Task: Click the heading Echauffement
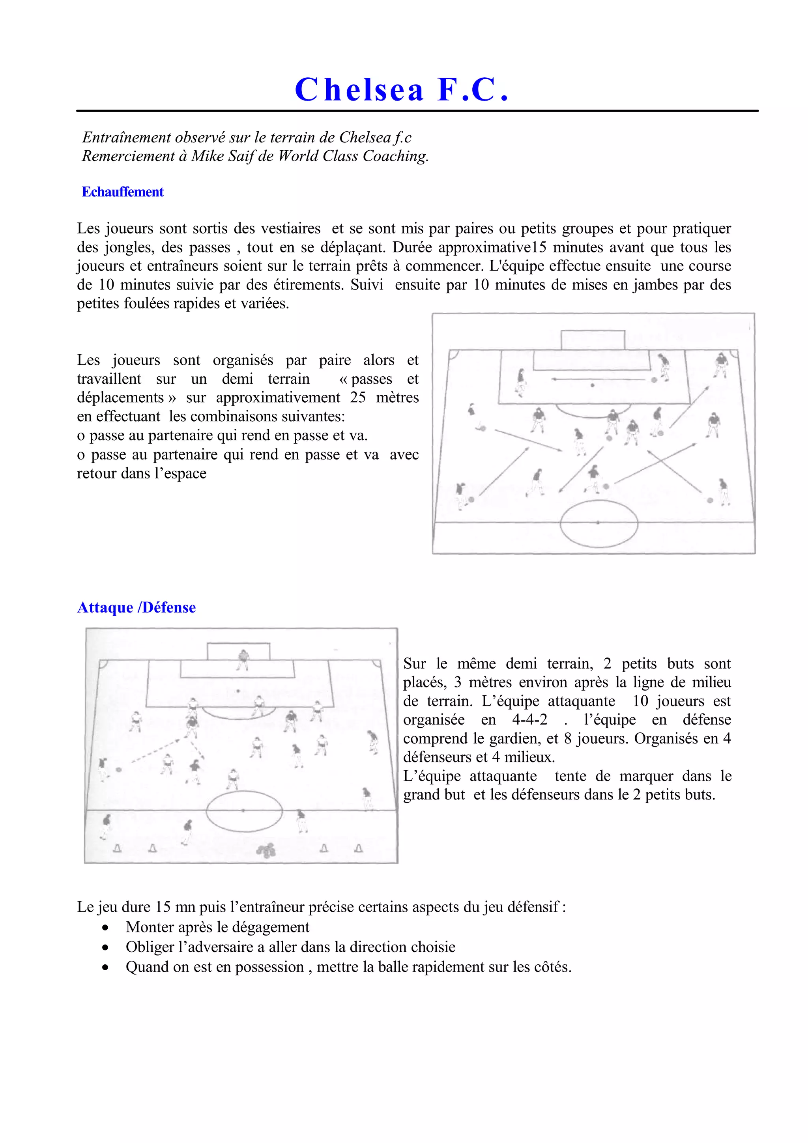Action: [122, 192]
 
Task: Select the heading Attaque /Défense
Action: [137, 607]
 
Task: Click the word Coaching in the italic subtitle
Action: [395, 156]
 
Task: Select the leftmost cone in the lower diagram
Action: [118, 848]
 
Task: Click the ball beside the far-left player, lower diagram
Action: [118, 769]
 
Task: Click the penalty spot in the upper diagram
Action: [593, 385]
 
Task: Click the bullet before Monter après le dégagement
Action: [105, 927]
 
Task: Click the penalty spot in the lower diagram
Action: [238, 691]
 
